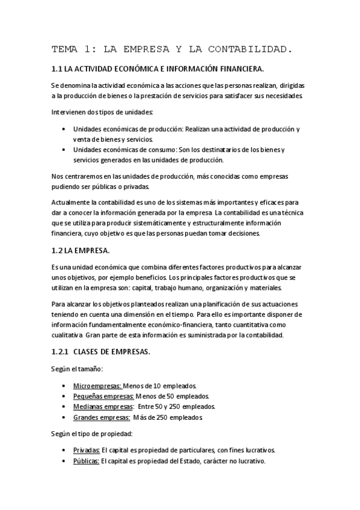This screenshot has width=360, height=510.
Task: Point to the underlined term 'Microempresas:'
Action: (x=97, y=385)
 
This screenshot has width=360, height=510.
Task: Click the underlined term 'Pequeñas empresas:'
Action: (x=103, y=396)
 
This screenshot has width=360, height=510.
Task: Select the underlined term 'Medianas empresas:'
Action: (x=103, y=407)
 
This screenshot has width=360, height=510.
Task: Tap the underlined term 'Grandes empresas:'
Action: (x=102, y=417)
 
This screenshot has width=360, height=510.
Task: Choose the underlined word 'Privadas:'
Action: (x=86, y=450)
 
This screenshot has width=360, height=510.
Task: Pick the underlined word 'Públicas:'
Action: (x=86, y=461)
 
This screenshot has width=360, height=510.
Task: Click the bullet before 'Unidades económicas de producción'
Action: (x=64, y=129)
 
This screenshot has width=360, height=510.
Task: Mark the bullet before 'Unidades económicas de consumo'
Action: (x=64, y=150)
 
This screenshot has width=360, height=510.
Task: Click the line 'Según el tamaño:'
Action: (x=78, y=368)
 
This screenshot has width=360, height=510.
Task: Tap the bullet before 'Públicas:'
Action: (x=64, y=461)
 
